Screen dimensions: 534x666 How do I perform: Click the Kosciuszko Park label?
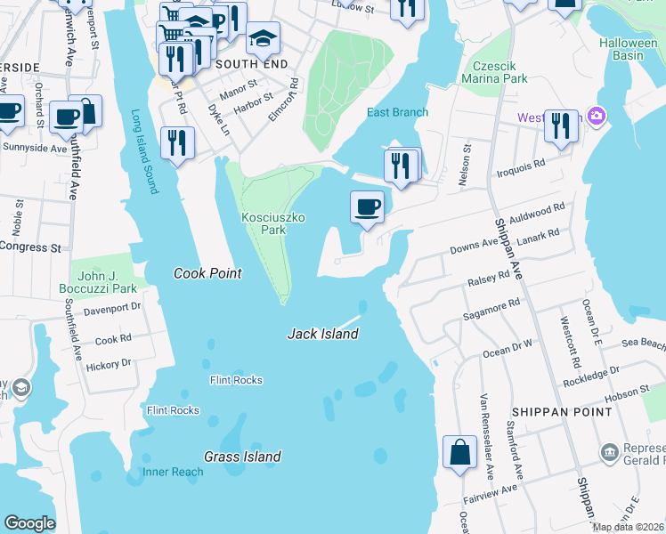(x=264, y=222)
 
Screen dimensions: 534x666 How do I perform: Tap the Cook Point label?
(x=207, y=273)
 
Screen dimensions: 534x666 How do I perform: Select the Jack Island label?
(x=322, y=334)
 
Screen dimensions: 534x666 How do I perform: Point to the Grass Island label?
(x=243, y=457)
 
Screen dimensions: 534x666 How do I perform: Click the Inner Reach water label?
(x=173, y=472)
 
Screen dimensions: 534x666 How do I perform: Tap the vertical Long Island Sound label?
(x=143, y=151)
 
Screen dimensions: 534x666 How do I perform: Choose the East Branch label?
(x=397, y=112)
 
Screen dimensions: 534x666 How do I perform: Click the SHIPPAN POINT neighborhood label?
(x=561, y=412)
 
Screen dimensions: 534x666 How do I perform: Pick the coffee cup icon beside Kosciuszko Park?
(x=367, y=208)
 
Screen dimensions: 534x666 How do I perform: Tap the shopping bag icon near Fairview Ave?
(x=460, y=451)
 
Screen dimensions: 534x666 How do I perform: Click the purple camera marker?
(x=597, y=117)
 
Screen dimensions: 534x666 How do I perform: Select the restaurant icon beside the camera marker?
(x=561, y=125)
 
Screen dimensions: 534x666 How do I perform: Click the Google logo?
(x=29, y=523)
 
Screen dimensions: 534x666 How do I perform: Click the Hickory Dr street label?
(x=113, y=363)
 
